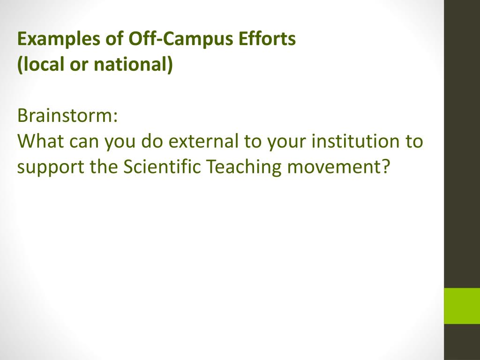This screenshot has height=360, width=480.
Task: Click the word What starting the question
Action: coord(41,141)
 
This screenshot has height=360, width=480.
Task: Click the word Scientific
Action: coord(162,166)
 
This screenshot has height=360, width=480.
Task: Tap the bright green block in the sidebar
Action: coord(462,306)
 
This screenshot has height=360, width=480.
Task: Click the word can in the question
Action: coord(84,142)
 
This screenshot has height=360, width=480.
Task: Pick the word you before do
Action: coord(120,142)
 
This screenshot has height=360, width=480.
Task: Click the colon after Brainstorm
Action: coord(116,117)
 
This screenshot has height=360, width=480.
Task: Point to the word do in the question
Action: coord(152,141)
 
